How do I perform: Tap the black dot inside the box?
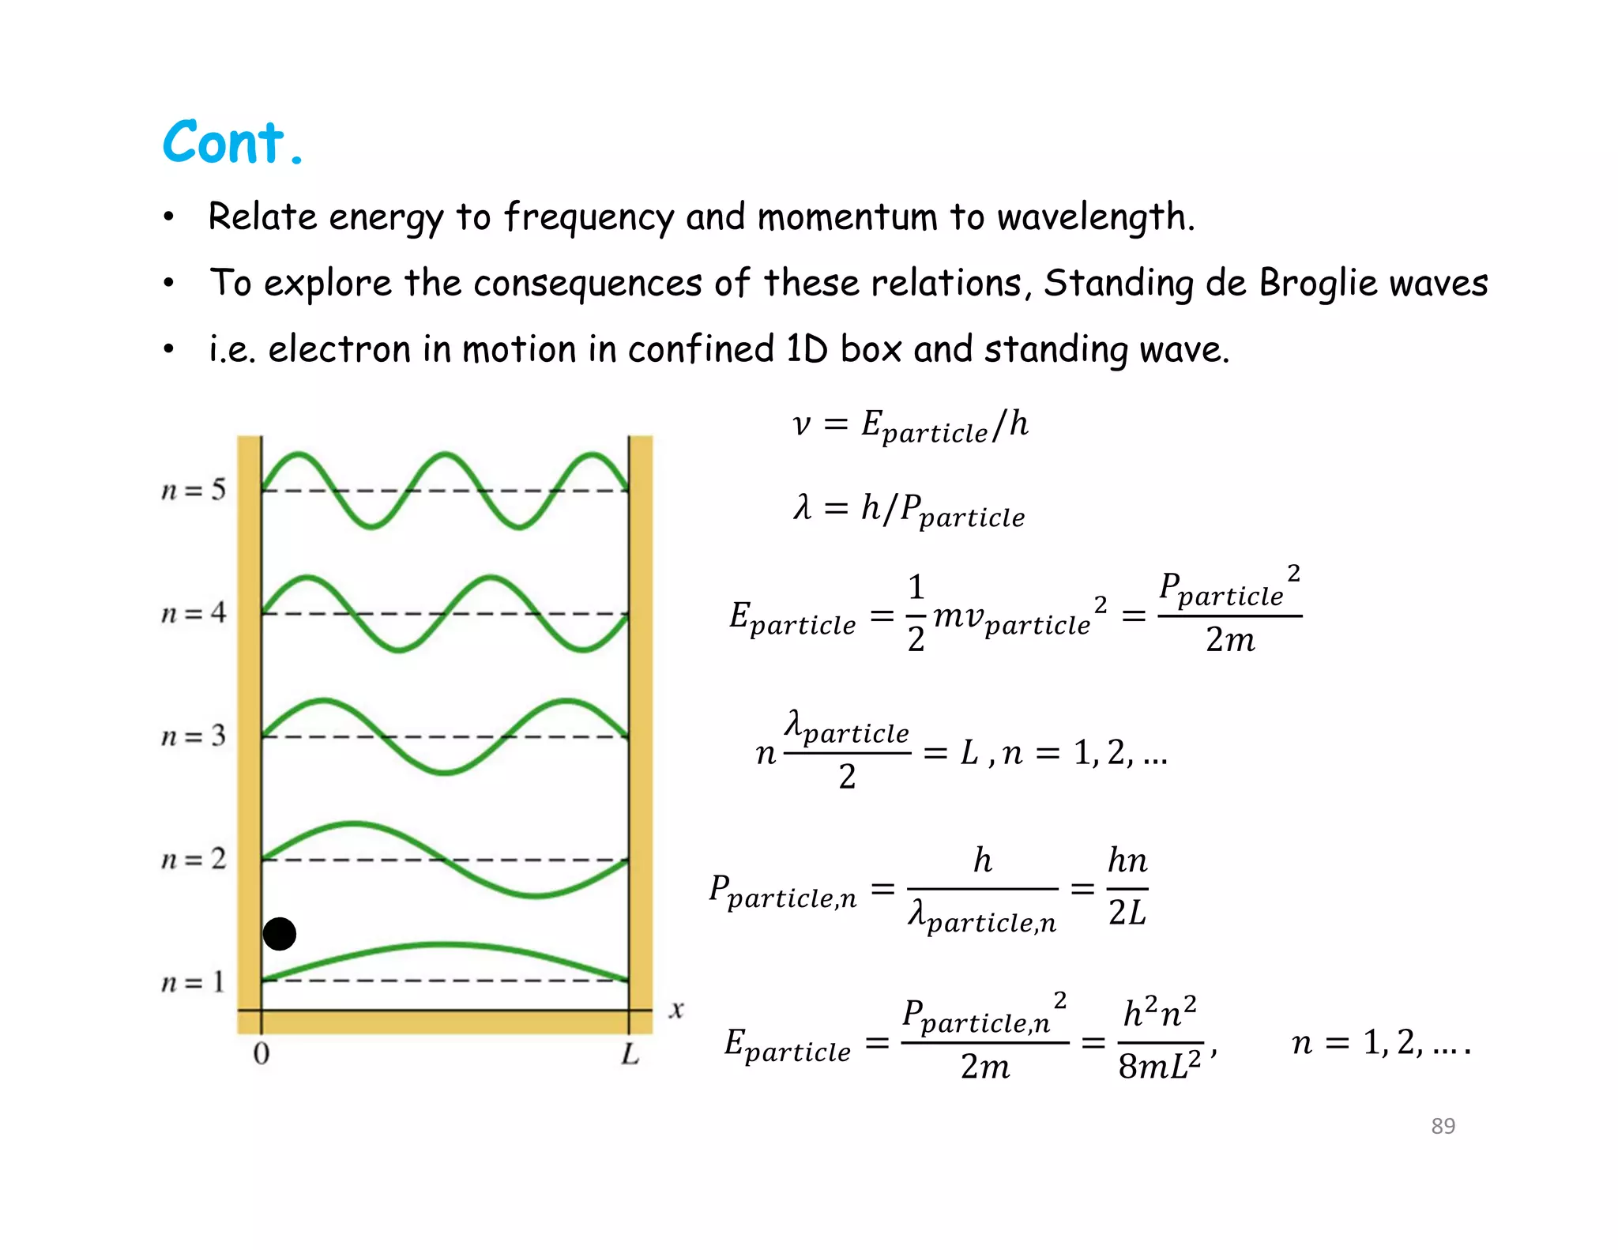click(279, 934)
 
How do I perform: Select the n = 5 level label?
click(194, 490)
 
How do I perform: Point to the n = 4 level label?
click(194, 613)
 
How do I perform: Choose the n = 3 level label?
click(194, 736)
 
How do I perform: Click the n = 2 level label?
click(194, 859)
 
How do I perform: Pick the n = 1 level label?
click(194, 982)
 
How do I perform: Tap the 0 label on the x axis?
click(262, 1053)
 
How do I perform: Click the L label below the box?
click(630, 1053)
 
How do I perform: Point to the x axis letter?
click(676, 1010)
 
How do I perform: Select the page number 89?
click(1443, 1126)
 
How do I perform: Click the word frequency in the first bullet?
click(589, 217)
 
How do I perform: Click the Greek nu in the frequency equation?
click(801, 424)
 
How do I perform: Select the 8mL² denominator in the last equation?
click(1159, 1066)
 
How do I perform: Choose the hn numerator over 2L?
click(1127, 860)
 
